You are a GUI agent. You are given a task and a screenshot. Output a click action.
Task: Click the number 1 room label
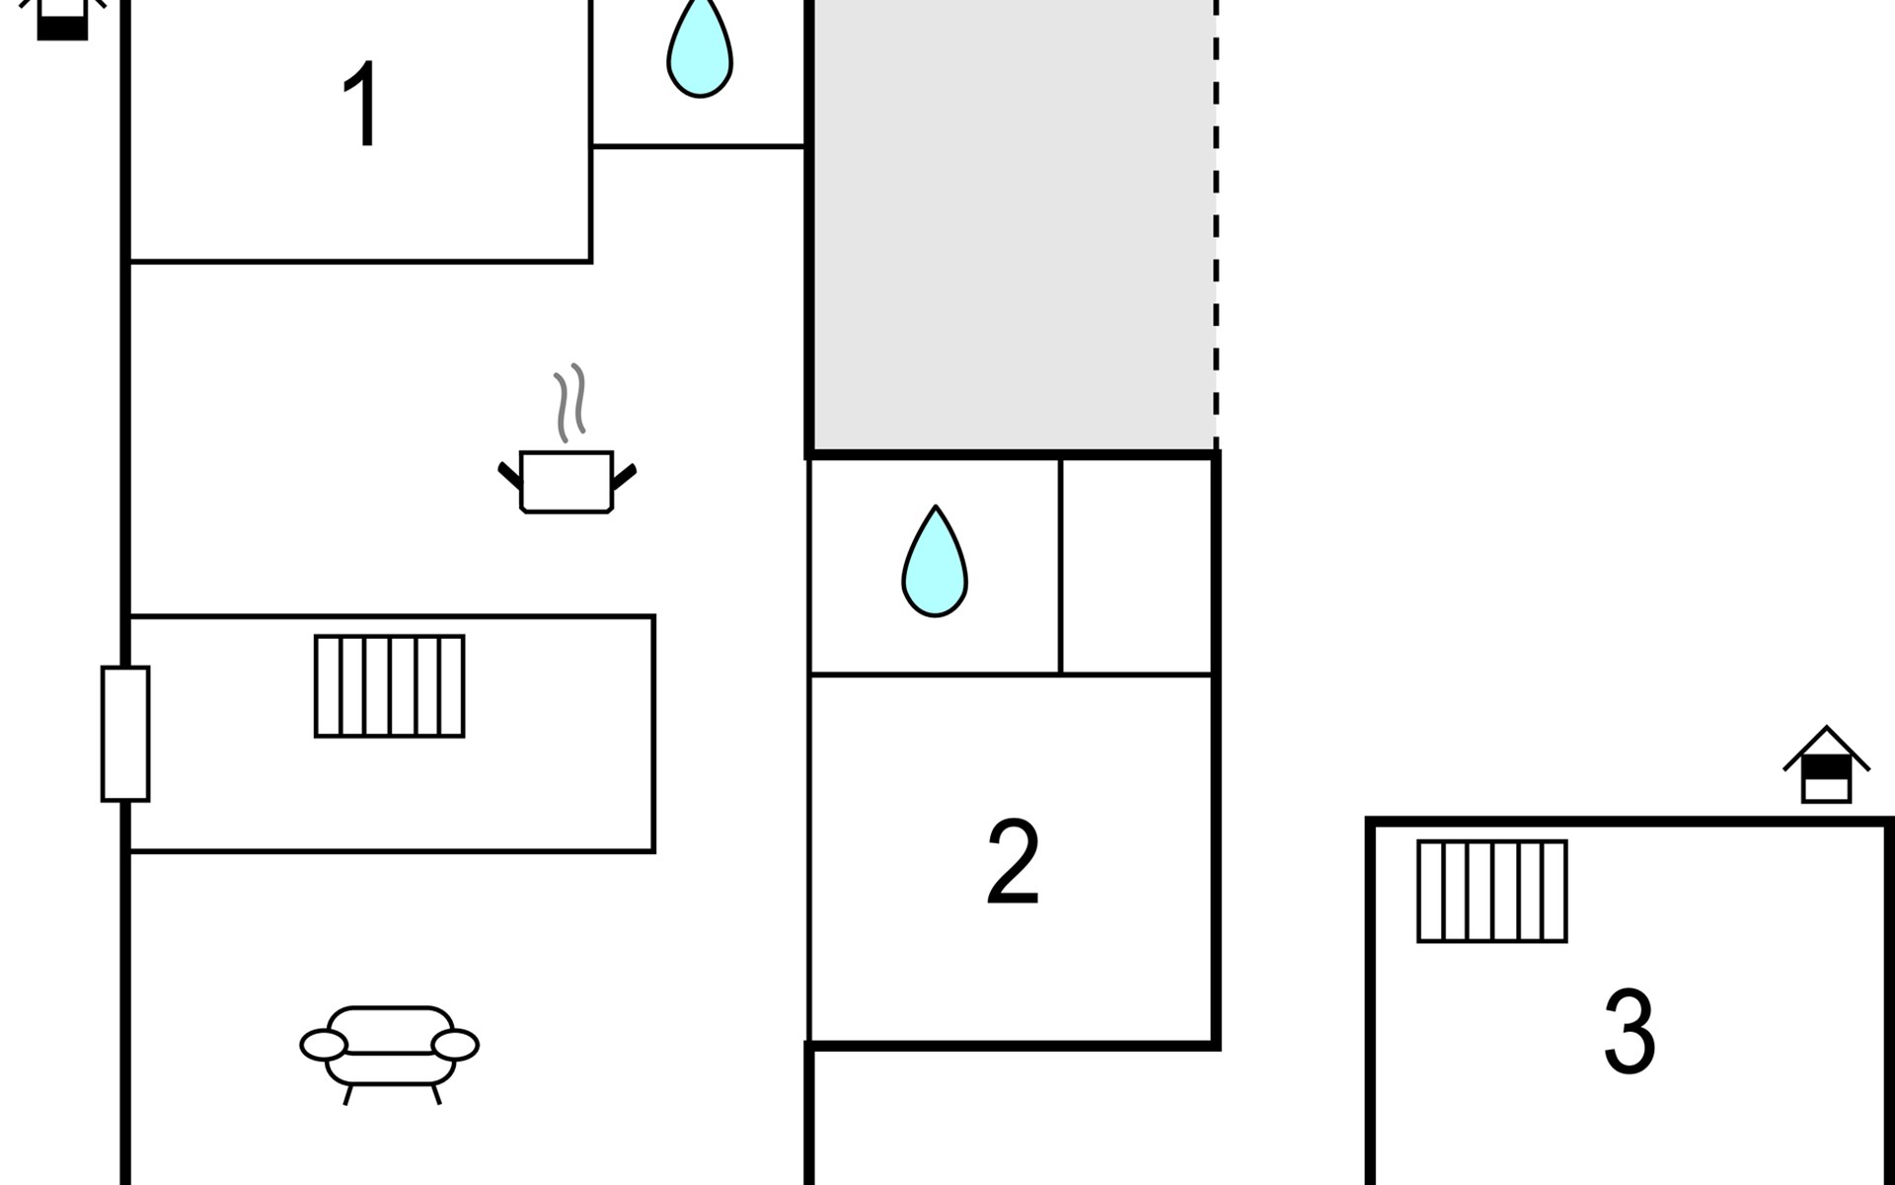coord(361,105)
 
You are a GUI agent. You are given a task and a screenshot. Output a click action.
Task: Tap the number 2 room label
coord(1013,861)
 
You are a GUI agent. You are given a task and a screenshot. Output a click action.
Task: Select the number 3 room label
coord(1629,1031)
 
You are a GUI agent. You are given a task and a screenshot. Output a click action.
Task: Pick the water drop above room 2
coord(935,562)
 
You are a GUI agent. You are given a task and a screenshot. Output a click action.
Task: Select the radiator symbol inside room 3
coord(1492,891)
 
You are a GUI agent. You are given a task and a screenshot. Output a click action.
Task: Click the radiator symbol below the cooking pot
coord(390,686)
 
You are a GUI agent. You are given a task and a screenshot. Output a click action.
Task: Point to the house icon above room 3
coord(1826,765)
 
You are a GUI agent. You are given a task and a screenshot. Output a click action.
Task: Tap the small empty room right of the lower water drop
coord(1136,566)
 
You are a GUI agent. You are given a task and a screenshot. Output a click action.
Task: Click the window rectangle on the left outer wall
coord(125,734)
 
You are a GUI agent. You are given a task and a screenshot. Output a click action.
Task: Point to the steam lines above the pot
coord(569,403)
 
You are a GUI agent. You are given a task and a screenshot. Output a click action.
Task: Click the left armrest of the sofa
coord(324,1044)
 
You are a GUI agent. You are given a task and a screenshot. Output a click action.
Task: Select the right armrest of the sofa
coord(455,1044)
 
